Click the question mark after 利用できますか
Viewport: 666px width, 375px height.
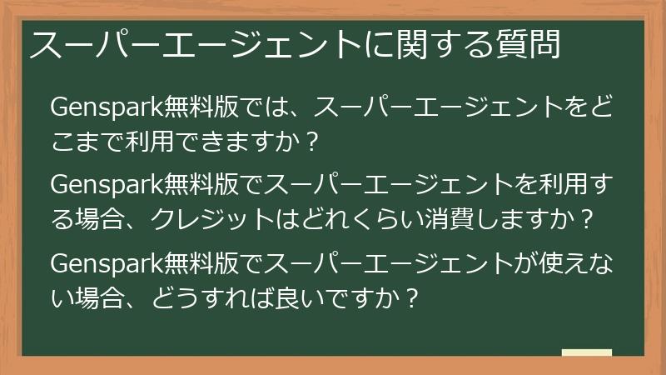pos(312,143)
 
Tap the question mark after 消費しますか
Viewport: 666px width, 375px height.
pos(587,220)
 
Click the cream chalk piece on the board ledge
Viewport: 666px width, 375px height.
pos(587,353)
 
